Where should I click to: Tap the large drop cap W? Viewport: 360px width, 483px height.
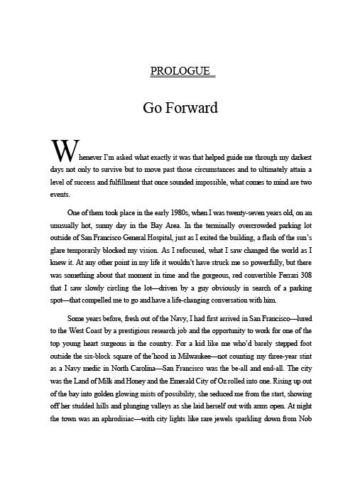pyautogui.click(x=62, y=151)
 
